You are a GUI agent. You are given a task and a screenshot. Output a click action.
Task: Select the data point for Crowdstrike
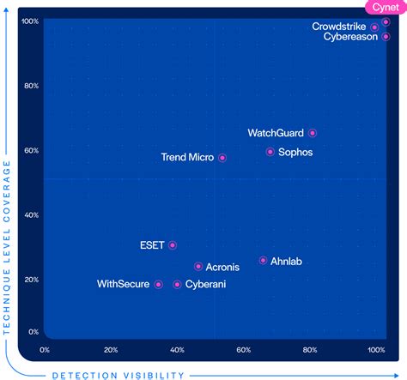(x=374, y=27)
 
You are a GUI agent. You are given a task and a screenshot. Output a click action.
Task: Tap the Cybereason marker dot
(x=386, y=37)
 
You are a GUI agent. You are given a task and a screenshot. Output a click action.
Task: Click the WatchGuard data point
(x=313, y=133)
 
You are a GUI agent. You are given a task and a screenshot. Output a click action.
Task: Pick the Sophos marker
(x=270, y=152)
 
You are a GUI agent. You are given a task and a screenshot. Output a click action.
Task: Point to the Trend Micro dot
(x=222, y=158)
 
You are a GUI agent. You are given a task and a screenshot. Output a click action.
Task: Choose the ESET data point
(x=173, y=245)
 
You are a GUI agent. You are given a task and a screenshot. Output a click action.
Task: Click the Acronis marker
(x=198, y=267)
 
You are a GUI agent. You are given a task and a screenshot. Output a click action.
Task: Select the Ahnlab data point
(x=263, y=261)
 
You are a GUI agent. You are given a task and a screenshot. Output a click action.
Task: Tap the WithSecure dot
(x=158, y=284)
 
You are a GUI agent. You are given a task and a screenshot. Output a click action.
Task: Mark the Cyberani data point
(x=178, y=284)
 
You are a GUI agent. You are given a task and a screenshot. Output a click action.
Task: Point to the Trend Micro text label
(x=187, y=158)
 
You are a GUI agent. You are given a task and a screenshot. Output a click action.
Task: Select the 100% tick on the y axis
(x=28, y=21)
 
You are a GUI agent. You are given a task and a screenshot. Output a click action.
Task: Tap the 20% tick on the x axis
(x=111, y=350)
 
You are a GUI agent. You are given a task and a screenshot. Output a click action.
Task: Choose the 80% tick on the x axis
(x=310, y=350)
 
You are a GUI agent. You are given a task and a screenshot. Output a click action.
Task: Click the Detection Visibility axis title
(x=118, y=374)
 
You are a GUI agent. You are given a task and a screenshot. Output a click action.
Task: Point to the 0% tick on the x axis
(x=45, y=350)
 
